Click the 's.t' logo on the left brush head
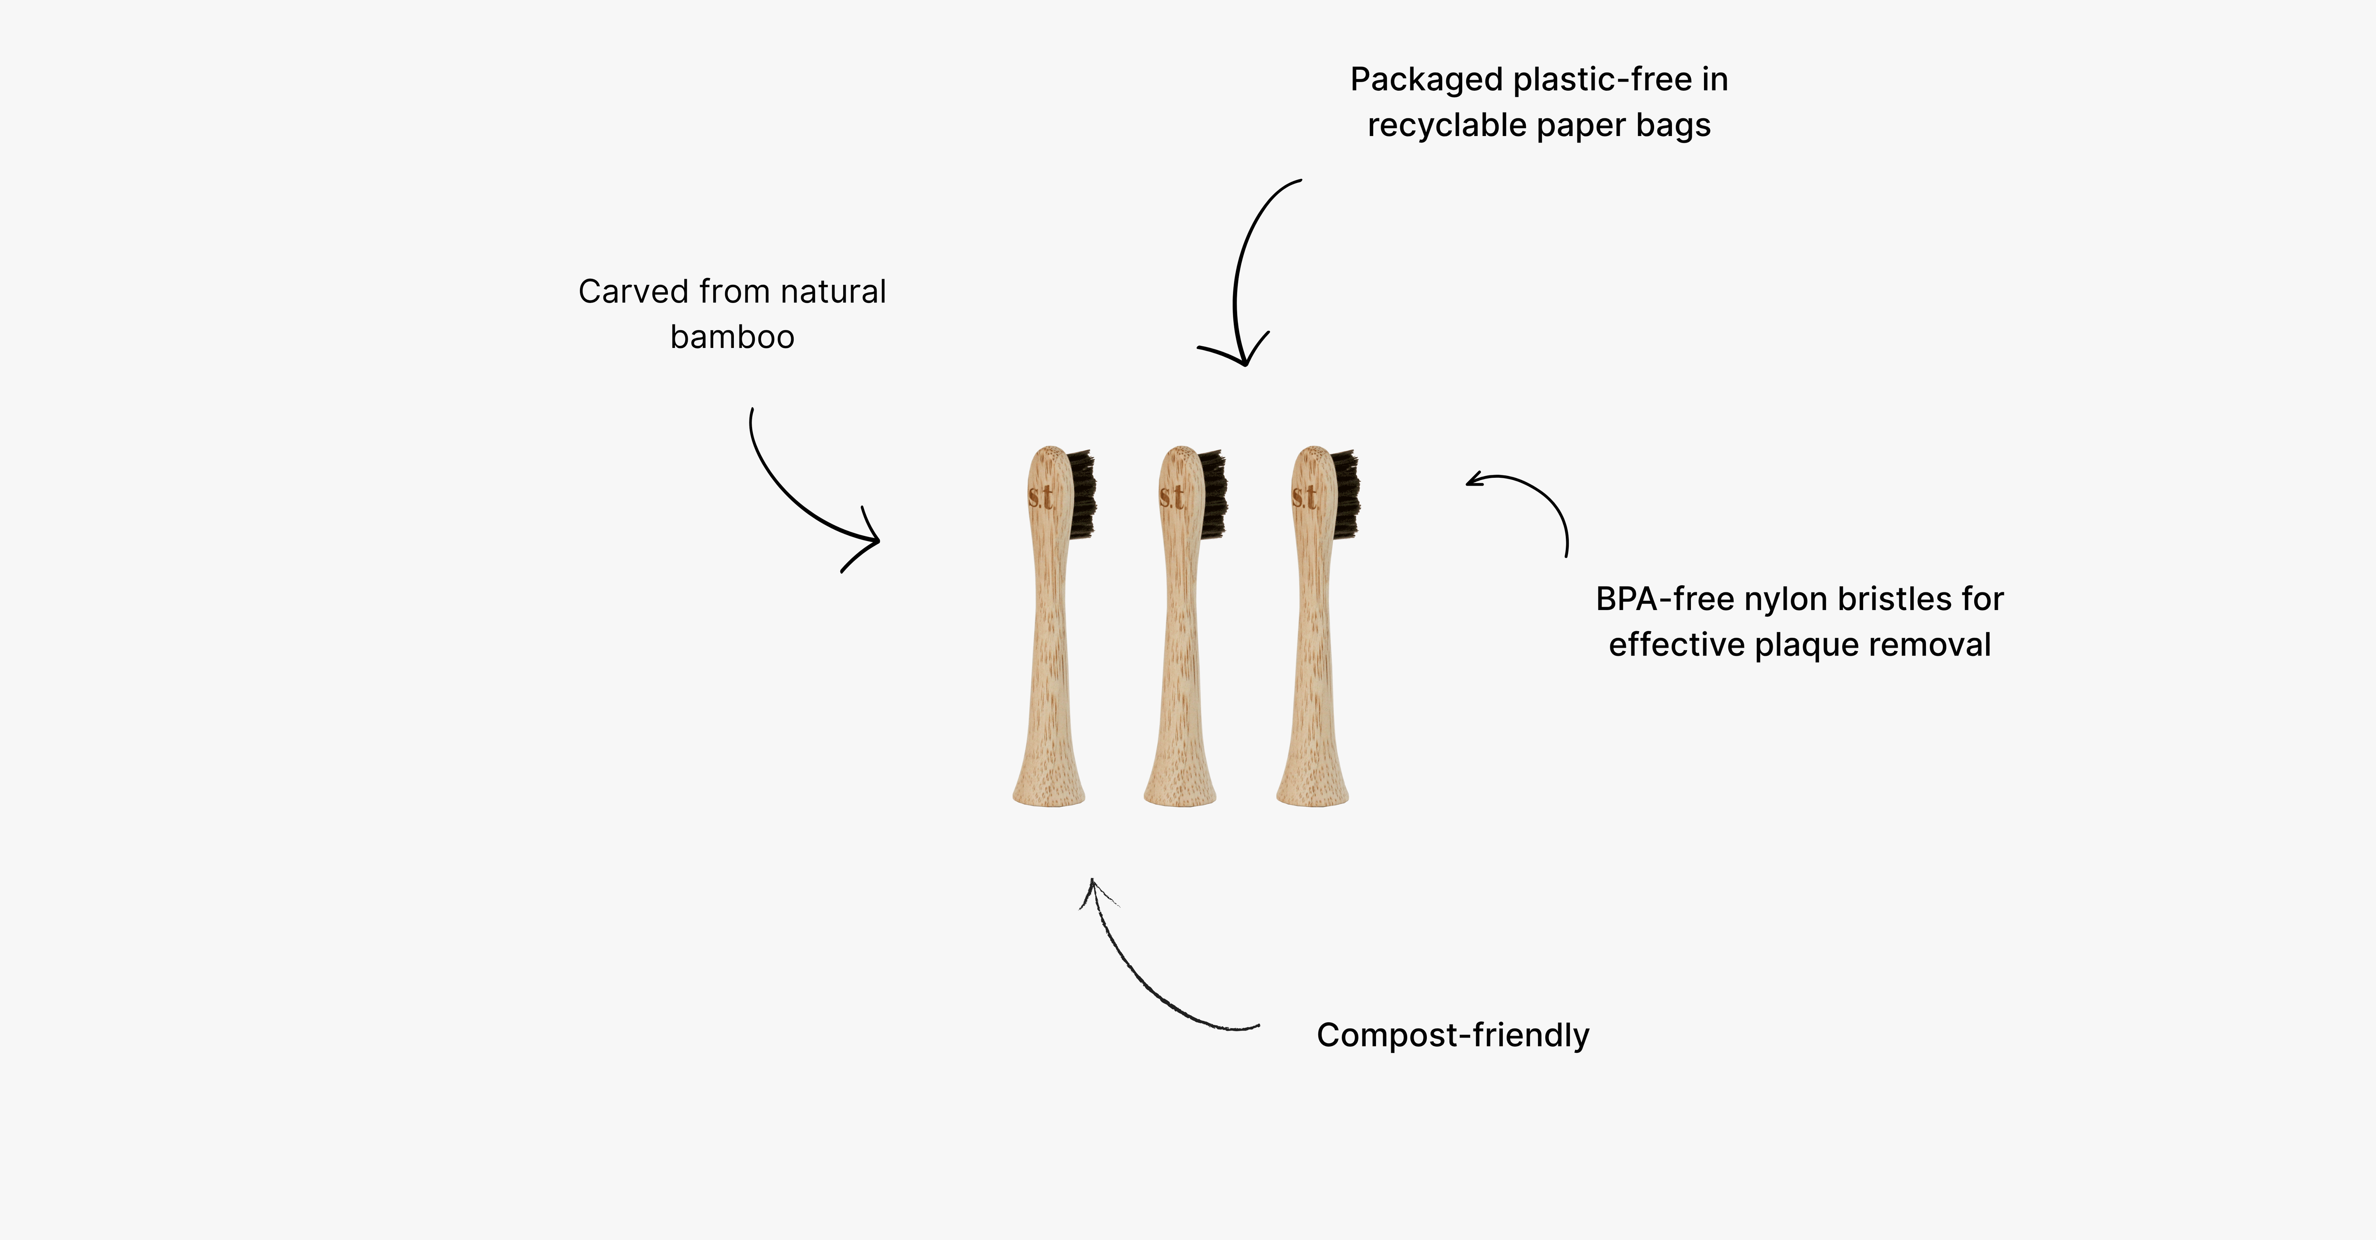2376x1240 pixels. (1040, 497)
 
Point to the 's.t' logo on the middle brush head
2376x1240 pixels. (1172, 497)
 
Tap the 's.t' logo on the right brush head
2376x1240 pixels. (1304, 497)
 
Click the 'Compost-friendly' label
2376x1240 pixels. (1453, 1036)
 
